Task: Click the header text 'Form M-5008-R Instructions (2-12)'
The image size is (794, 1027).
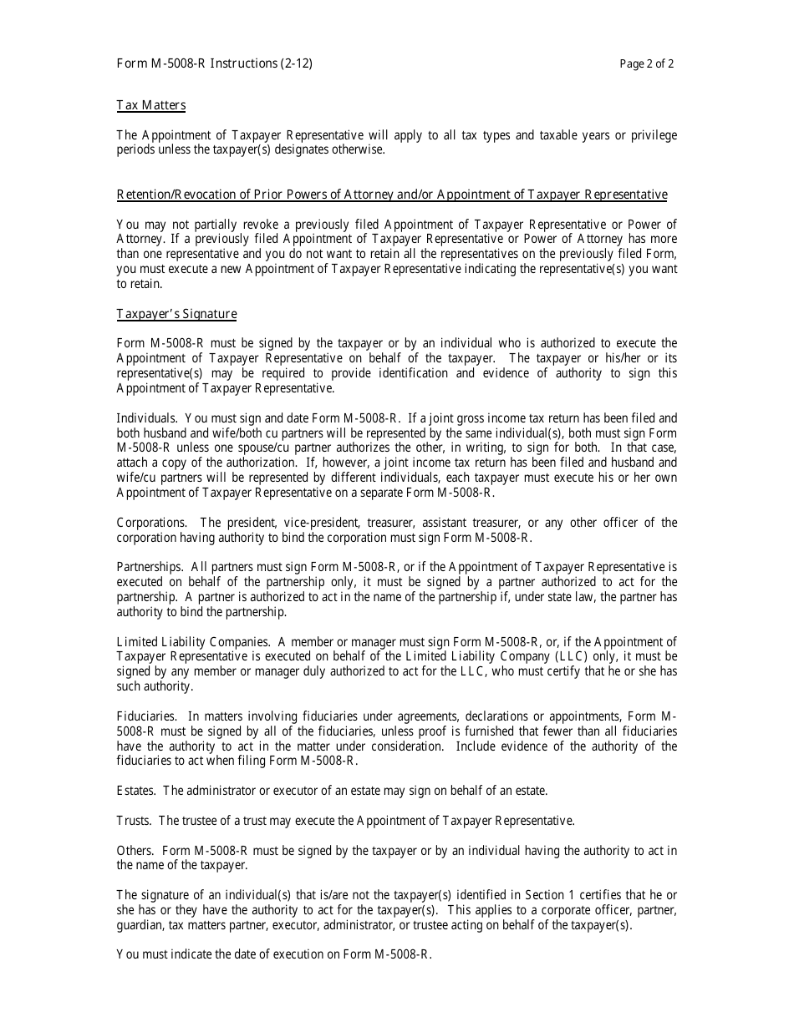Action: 215,63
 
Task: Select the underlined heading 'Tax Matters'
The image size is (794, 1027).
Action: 150,105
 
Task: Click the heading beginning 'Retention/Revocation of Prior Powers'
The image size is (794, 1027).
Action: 391,195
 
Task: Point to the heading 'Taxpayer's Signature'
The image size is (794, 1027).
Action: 176,314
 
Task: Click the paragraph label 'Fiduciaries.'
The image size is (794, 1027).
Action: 146,716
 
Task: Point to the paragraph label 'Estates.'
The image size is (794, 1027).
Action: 135,791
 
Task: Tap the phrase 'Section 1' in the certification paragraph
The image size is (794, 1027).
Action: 522,895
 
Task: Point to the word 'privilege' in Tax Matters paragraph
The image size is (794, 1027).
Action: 651,135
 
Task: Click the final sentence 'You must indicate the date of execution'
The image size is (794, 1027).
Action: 274,955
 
